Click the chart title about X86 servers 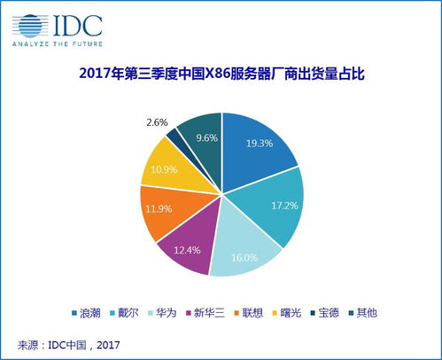pyautogui.click(x=221, y=75)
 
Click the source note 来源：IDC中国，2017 pyautogui.click(x=71, y=343)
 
